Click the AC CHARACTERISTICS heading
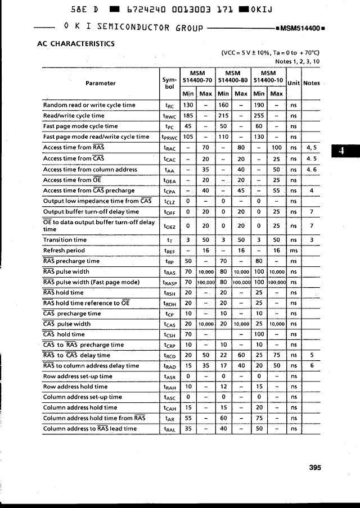tap(75, 43)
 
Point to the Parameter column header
tap(101, 83)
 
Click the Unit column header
tap(294, 83)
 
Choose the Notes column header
tap(311, 83)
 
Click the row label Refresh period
tap(64, 251)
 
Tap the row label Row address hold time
tap(75, 387)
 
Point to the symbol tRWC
tap(169, 116)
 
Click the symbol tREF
tap(169, 251)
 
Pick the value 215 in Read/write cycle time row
tap(224, 116)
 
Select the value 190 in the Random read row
tap(259, 105)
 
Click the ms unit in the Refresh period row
tap(293, 251)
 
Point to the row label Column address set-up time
tap(83, 397)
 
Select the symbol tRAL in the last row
tap(169, 429)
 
